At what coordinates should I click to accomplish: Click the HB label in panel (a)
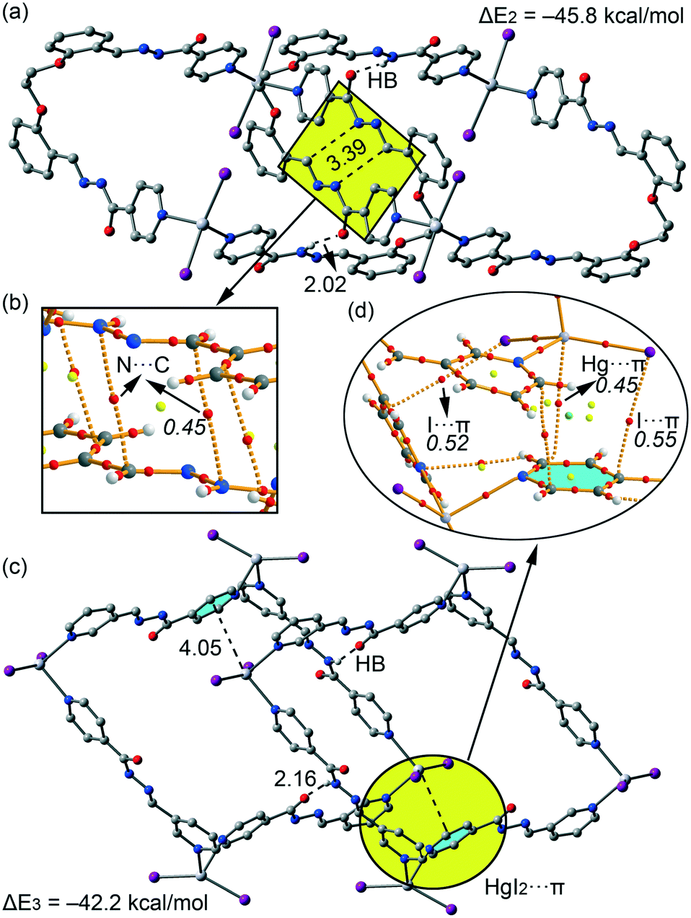382,81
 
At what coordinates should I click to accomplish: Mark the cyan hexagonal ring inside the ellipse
573,476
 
